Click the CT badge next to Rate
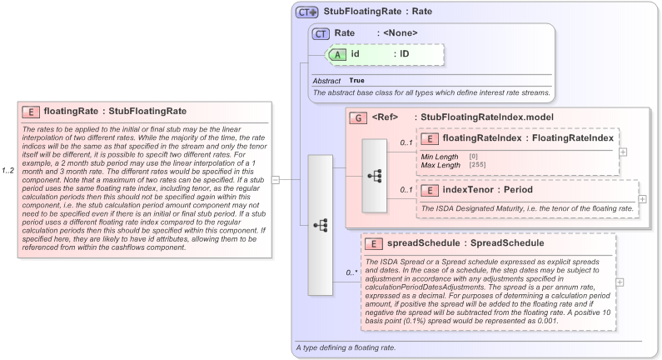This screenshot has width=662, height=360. click(321, 33)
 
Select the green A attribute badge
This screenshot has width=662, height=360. click(337, 54)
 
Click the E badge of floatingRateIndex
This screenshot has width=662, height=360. click(431, 138)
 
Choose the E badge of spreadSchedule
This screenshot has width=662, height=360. click(376, 243)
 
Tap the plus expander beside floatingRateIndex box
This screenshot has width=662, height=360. click(623, 152)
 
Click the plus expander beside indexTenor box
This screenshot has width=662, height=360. click(642, 199)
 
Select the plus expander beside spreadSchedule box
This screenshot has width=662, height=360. click(620, 282)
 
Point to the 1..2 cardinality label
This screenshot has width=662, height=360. click(9, 172)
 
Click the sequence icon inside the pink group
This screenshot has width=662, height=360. click(374, 176)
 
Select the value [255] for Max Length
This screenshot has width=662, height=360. click(479, 165)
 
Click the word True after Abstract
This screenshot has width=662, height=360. click(356, 80)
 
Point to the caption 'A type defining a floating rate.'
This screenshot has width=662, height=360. click(346, 347)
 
